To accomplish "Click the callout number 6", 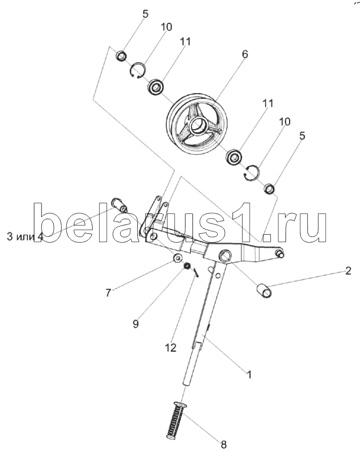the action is [245, 54].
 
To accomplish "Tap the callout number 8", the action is [224, 444].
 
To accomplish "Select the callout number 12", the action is [171, 348].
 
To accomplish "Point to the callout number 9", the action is [136, 323].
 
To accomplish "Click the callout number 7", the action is [108, 293].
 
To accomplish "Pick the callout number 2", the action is [348, 271].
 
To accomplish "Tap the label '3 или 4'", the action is [25, 237].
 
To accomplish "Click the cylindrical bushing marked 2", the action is [264, 291].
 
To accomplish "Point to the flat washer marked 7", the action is [177, 258].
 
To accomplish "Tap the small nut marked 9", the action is [187, 266].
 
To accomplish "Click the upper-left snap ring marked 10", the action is [138, 70].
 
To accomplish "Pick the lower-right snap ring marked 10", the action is [252, 172].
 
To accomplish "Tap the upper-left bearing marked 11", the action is [156, 87].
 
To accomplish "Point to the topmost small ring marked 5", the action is [121, 56].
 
